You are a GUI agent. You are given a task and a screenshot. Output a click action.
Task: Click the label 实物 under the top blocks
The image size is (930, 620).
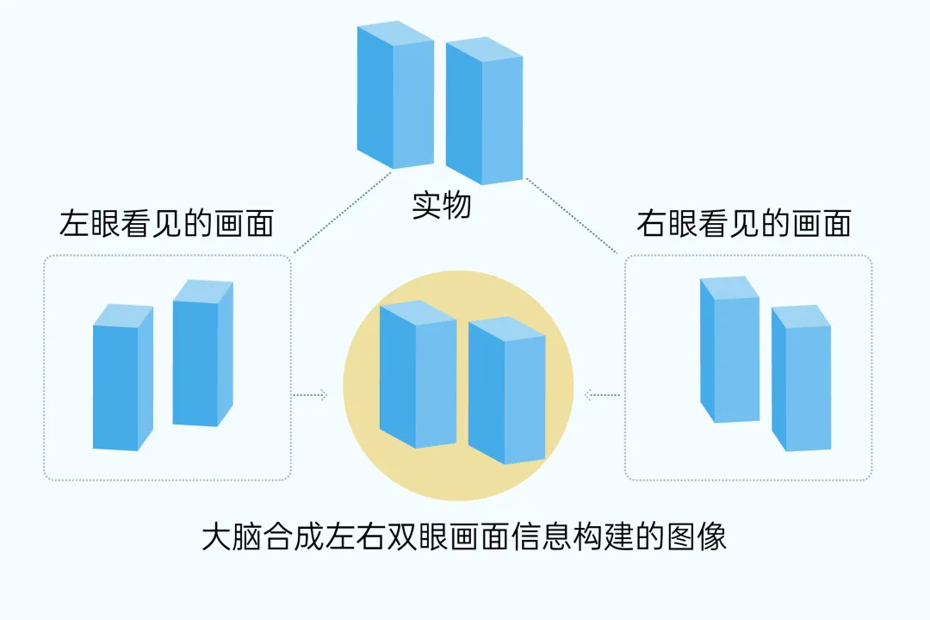click(441, 207)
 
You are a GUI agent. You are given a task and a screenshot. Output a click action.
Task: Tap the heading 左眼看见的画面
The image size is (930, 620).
click(165, 224)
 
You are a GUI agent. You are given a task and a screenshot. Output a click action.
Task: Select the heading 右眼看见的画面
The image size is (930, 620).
click(743, 224)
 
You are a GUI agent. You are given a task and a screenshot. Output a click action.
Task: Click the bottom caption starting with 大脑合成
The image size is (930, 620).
click(464, 536)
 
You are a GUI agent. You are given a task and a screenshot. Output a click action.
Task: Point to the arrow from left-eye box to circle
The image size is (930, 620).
click(310, 395)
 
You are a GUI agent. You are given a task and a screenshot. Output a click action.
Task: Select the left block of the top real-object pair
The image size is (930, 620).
click(394, 95)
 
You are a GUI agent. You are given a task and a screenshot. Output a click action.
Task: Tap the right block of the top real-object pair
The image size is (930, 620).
click(484, 112)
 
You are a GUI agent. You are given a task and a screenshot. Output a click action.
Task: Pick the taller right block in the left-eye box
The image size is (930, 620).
click(201, 353)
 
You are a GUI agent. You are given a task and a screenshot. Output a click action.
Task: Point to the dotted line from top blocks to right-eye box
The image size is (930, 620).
click(573, 215)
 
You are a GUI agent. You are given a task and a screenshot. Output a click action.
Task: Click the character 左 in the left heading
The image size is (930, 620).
click(71, 224)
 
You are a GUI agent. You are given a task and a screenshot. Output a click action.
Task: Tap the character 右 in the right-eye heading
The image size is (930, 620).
click(650, 224)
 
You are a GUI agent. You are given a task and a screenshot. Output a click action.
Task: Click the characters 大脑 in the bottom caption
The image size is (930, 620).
click(230, 536)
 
